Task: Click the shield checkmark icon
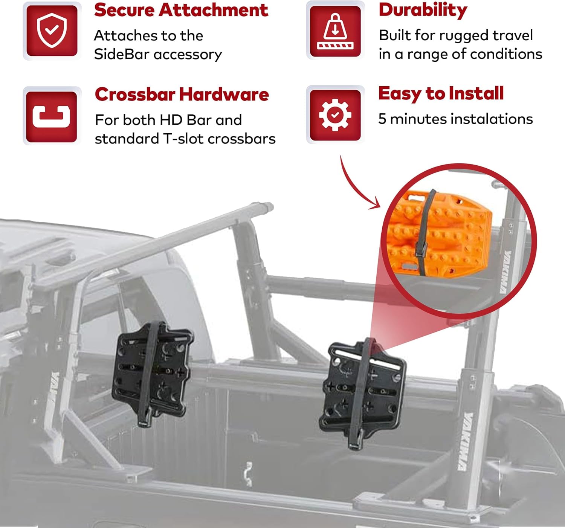[52, 31]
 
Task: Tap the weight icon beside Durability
[335, 31]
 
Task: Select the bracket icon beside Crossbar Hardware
[52, 116]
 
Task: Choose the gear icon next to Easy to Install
[335, 115]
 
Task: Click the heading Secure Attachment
[181, 10]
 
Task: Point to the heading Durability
[423, 10]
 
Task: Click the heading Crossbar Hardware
[182, 95]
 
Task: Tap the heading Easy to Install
[441, 94]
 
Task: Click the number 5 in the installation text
[382, 119]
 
